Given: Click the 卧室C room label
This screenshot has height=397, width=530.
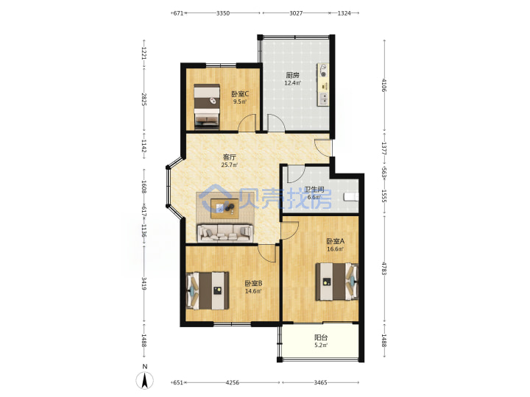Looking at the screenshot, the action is [240, 94].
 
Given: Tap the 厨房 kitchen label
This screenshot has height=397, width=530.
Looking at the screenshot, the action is [293, 75].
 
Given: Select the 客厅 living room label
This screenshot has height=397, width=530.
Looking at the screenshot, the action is [230, 157].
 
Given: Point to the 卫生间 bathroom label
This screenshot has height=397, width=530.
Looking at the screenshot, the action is [314, 190].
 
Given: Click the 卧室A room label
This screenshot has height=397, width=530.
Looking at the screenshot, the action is [336, 241].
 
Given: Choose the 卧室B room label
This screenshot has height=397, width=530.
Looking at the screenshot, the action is [253, 283].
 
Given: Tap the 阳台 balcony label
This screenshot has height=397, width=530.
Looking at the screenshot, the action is [321, 337].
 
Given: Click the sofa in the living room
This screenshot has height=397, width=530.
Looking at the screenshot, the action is [225, 233].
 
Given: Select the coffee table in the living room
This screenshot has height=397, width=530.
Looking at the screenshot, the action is [225, 209].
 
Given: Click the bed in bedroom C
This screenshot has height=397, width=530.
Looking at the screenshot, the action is [207, 107].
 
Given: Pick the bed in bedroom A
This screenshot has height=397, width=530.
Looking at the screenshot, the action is [336, 282].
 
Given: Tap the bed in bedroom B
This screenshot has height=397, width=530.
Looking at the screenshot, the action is [208, 290].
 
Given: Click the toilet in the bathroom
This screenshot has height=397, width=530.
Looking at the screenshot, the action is [351, 196].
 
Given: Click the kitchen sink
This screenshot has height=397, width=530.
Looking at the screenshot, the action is [324, 99].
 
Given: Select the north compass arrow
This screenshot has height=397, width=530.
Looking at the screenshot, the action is [145, 380].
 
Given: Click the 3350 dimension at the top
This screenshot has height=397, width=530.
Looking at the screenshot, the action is [223, 13].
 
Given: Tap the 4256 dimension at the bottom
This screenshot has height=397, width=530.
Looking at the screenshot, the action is [232, 382].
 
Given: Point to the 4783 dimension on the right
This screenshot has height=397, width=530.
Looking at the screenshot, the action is [384, 268].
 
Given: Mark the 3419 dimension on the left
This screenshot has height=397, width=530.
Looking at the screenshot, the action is [144, 284].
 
